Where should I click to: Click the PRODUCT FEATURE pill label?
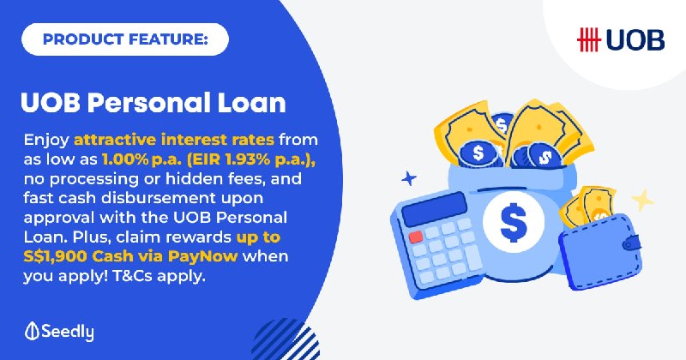tap(125, 39)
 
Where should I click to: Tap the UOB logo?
tap(620, 39)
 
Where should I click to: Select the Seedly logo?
tap(59, 332)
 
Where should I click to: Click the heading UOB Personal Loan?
tap(153, 103)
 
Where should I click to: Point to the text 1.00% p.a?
tap(141, 159)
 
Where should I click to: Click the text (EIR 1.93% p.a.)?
tap(251, 159)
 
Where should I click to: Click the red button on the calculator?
tap(416, 237)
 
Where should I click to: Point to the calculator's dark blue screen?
tap(435, 208)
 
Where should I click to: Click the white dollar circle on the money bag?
tap(514, 221)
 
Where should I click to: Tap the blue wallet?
tap(601, 251)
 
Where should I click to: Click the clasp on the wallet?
tap(631, 243)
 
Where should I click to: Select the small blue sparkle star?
tap(409, 178)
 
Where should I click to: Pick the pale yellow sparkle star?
tap(642, 200)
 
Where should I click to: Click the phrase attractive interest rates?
tap(174, 140)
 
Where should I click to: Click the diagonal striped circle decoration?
tap(286, 339)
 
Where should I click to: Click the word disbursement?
tap(159, 198)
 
